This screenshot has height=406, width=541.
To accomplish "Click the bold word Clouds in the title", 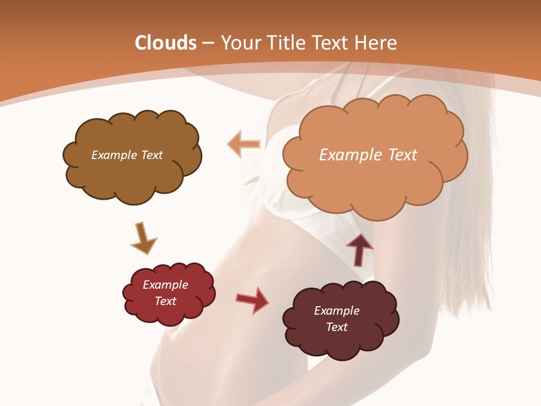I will click(166, 43).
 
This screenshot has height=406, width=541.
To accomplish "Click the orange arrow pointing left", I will click(243, 144).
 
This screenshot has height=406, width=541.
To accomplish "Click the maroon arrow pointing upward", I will click(360, 249).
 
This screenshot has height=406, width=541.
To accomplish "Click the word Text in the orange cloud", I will click(402, 155).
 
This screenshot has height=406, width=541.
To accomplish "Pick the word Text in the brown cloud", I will click(152, 155).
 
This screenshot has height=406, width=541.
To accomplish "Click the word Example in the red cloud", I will click(166, 285).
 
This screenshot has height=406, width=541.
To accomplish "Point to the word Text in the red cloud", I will click(166, 301).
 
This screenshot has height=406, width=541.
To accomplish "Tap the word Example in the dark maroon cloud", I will click(336, 311).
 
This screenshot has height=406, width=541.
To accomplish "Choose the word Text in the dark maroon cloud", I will click(336, 327).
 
